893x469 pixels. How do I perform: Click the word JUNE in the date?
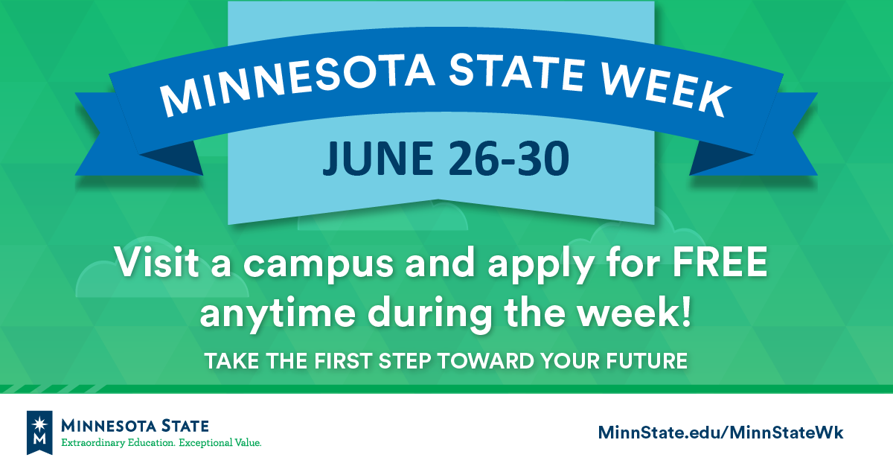(377, 159)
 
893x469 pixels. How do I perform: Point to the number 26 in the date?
(473, 159)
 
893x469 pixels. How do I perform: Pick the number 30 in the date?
(543, 159)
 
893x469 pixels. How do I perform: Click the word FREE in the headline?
(720, 262)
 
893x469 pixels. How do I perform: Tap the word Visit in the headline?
(157, 261)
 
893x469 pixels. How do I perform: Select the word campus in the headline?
(319, 266)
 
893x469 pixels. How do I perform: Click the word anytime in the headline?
(278, 313)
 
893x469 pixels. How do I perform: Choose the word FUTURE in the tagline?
(647, 361)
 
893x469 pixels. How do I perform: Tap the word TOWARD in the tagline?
(485, 361)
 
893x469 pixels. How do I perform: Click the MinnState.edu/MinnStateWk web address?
(721, 433)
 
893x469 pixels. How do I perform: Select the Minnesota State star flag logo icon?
(39, 433)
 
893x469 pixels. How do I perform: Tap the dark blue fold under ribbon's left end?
(176, 158)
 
